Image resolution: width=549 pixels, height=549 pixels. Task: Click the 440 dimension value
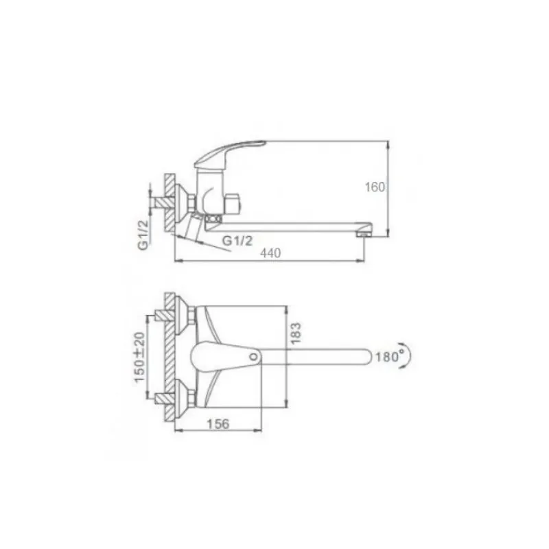pos(270,253)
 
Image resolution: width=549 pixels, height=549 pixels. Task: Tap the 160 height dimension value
pos(375,187)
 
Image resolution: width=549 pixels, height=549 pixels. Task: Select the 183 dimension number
pos(296,333)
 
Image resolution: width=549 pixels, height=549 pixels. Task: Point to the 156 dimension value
pos(218,424)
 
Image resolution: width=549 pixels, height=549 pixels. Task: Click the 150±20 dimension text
pos(140,357)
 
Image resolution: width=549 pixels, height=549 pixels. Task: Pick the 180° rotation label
pos(389,356)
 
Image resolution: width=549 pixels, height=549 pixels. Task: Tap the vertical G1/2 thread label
pos(143,235)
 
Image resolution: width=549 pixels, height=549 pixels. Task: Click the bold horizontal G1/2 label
pos(237,241)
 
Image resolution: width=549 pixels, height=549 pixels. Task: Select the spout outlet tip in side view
pos(364,233)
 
